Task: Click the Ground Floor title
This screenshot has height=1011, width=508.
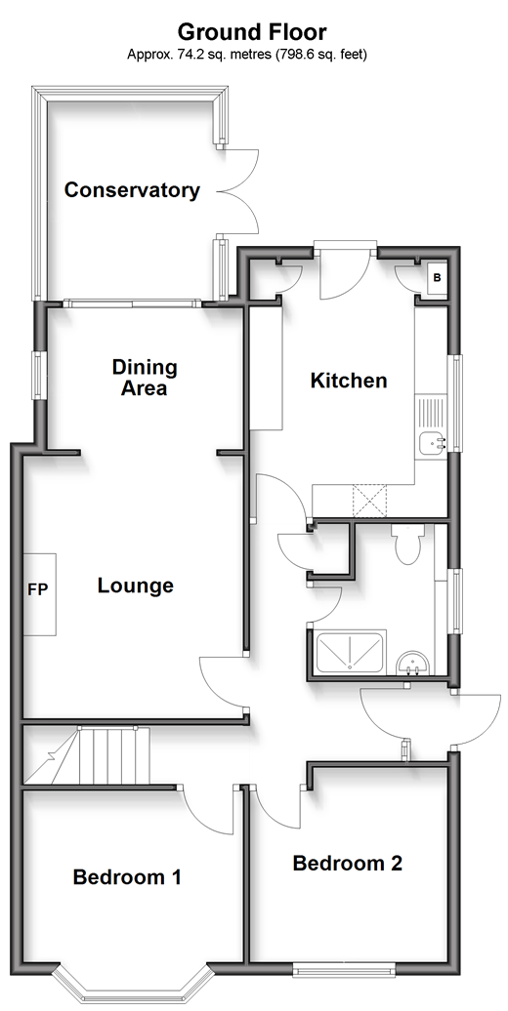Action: point(252,31)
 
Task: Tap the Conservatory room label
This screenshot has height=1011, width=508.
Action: point(132,190)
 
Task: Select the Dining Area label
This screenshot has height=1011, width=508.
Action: point(145,378)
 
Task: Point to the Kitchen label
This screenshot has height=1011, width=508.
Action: point(349,381)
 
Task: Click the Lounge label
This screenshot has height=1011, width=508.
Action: point(136,586)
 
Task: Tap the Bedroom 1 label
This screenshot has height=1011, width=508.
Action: point(127,877)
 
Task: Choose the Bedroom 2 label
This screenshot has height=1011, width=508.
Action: point(347,863)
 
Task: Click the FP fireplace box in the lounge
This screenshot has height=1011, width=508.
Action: point(40,594)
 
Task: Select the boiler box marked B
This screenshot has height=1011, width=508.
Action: point(437,278)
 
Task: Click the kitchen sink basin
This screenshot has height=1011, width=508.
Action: point(431,443)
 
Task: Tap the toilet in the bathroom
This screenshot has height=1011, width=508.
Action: point(406,544)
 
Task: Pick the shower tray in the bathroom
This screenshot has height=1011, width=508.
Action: point(349,653)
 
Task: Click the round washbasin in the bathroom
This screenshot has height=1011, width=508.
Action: point(412,663)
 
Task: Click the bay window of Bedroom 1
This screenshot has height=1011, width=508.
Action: point(132,985)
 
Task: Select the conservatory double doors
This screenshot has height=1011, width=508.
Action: point(237,191)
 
